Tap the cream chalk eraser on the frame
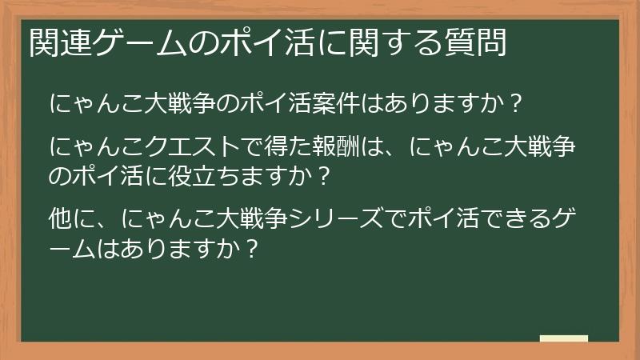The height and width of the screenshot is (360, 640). [x=563, y=339]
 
